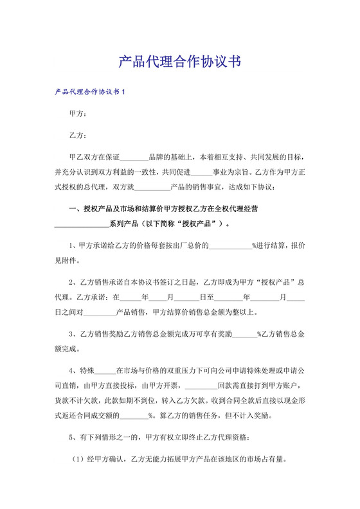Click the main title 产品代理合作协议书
pyautogui.click(x=180, y=62)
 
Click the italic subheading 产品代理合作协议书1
pyautogui.click(x=89, y=93)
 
